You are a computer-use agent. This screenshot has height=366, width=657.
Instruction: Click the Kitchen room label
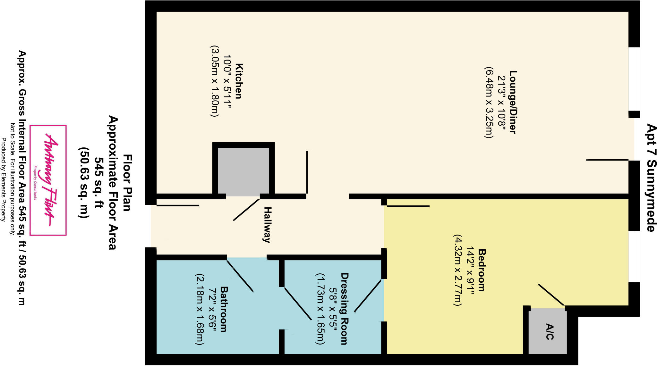(239, 81)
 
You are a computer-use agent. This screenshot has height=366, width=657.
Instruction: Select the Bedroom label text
(481, 270)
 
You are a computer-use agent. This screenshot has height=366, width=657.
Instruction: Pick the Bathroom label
(224, 309)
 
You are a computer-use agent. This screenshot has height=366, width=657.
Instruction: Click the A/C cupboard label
(550, 332)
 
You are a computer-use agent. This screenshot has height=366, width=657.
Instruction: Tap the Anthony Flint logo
(48, 180)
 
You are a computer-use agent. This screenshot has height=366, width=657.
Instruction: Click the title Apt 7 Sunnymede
(651, 178)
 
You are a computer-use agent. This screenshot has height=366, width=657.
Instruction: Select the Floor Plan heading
(127, 183)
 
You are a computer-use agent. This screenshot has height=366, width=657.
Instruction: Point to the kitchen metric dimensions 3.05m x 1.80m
(214, 81)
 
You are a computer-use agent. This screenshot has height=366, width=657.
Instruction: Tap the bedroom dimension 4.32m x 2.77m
(457, 270)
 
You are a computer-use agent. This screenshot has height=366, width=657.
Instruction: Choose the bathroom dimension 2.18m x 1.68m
(199, 309)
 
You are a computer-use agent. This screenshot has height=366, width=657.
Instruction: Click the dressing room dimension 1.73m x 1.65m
(320, 309)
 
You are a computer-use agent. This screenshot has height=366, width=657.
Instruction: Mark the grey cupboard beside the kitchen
(243, 171)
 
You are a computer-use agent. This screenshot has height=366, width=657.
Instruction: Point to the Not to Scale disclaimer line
(13, 179)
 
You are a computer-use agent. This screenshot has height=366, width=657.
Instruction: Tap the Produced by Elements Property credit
(4, 179)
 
